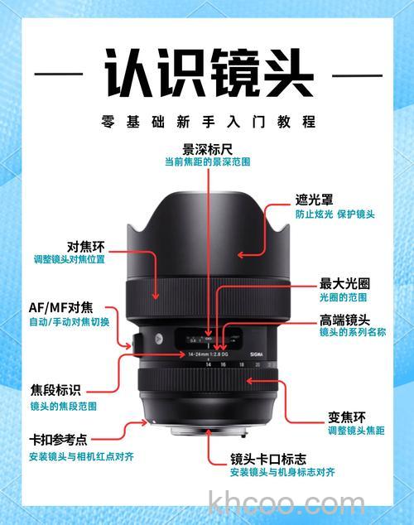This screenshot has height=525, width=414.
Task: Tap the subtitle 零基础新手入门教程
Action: click(207, 122)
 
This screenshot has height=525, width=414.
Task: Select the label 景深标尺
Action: click(207, 150)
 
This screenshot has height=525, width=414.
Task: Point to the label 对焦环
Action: click(85, 246)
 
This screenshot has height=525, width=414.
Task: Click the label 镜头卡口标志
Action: click(268, 458)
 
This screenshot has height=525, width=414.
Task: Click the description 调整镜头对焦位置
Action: click(69, 260)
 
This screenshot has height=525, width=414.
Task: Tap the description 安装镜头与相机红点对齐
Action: click(81, 456)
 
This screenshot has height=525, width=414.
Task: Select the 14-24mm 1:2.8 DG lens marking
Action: click(195, 354)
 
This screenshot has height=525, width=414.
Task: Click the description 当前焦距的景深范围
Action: click(207, 163)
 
